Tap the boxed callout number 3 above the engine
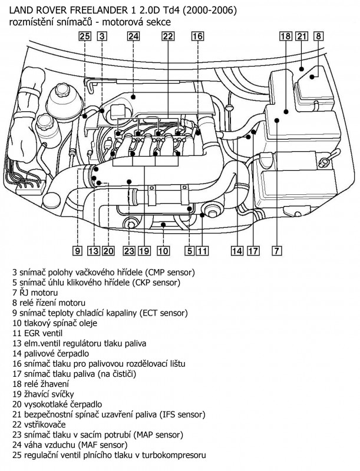click(101, 37)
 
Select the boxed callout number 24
click(133, 37)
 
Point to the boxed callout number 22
click(168, 37)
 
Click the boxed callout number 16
click(197, 37)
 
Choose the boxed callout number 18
click(286, 37)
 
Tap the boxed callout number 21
click(302, 37)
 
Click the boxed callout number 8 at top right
click(318, 37)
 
